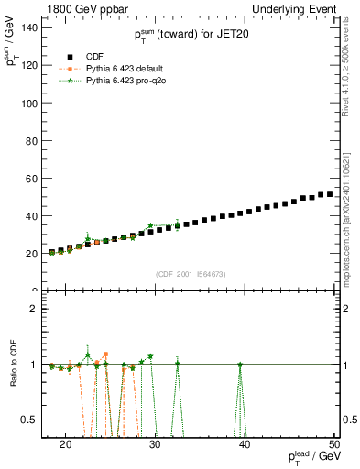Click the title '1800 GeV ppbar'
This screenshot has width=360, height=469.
point(80,8)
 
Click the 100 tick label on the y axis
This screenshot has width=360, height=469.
point(29,103)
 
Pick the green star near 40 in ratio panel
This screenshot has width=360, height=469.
point(240,365)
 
